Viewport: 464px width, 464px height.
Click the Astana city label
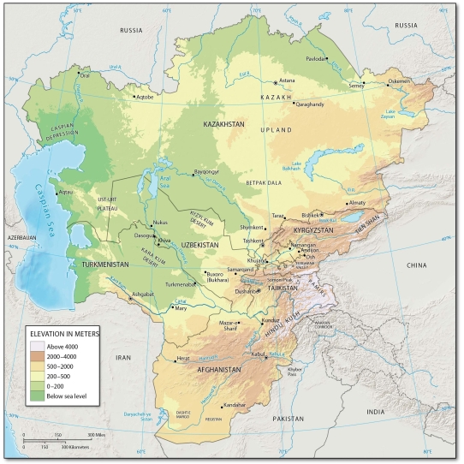pos(287,80)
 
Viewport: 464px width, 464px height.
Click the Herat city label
pos(182,358)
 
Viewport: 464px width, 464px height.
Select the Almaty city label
pos(357,203)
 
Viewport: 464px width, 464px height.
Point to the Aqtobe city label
pos(145,97)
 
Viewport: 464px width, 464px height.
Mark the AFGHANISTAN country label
pos(228,370)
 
